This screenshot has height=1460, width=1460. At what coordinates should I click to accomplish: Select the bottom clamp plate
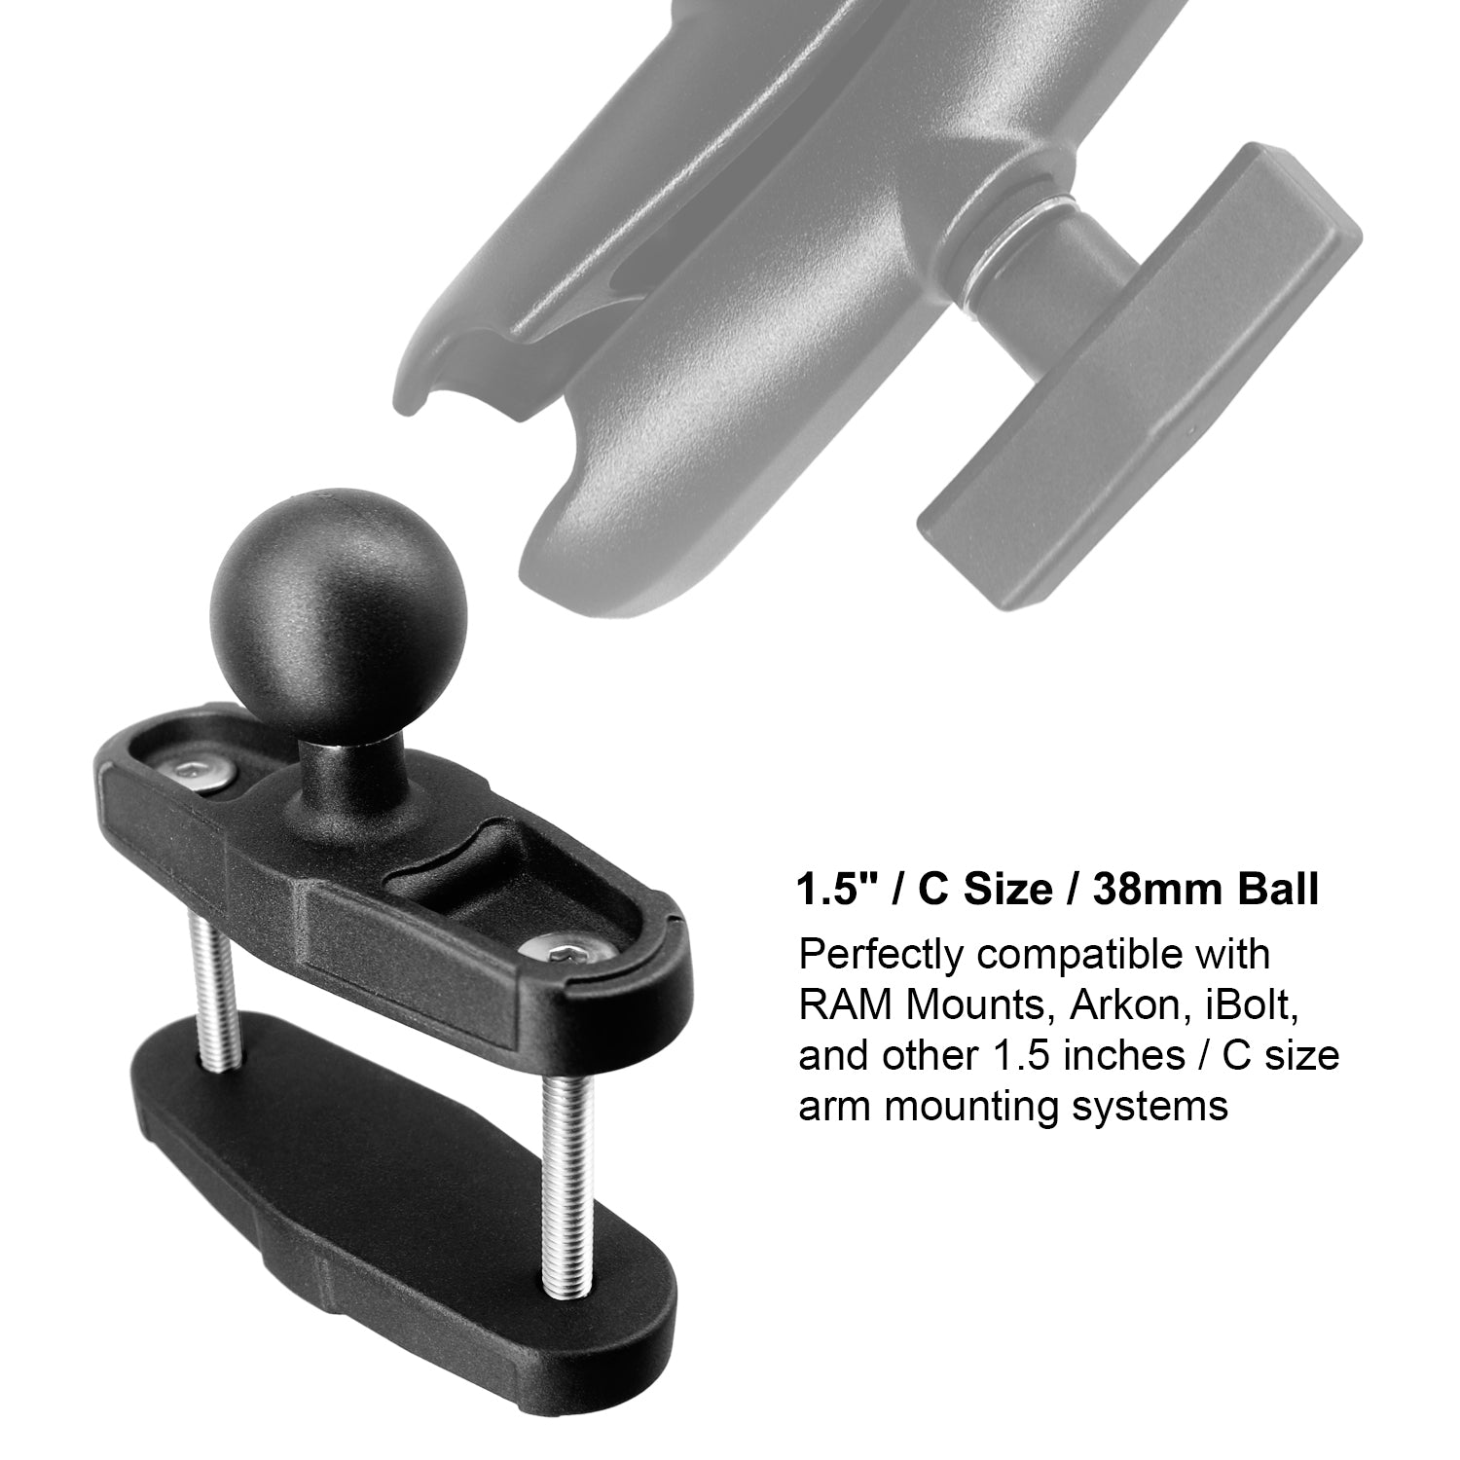[389, 1197]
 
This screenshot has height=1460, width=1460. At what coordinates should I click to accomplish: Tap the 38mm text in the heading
[1144, 890]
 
